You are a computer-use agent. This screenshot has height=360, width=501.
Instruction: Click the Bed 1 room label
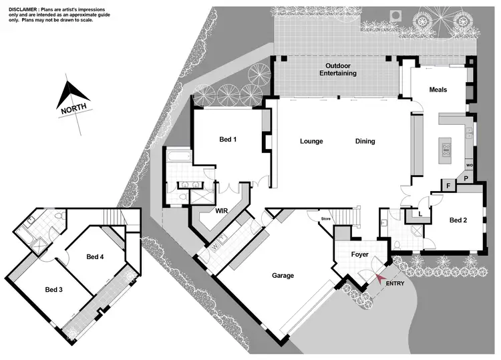[228, 140]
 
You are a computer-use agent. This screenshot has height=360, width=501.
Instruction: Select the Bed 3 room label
[55, 289]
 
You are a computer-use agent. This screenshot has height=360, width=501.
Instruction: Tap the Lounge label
[311, 142]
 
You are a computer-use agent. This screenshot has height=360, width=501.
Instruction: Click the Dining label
[365, 142]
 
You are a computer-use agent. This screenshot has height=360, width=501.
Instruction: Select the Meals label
[438, 89]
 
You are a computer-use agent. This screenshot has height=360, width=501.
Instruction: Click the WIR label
[222, 211]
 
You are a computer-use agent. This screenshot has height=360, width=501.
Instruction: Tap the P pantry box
[466, 179]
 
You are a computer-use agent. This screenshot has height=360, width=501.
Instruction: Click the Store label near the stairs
[326, 218]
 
